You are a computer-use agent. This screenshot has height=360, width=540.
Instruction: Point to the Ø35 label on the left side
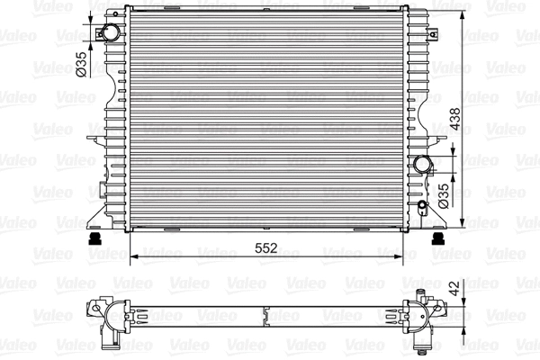pyautogui.click(x=80, y=66)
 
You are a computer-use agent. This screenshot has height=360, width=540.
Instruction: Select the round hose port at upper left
pyautogui.click(x=110, y=33)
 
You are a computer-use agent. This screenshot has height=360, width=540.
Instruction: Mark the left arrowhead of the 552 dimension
pyautogui.click(x=136, y=256)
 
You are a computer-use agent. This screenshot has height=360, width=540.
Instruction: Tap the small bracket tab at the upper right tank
pyautogui.click(x=427, y=13)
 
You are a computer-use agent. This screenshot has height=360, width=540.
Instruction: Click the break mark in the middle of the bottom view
pyautogui.click(x=265, y=316)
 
